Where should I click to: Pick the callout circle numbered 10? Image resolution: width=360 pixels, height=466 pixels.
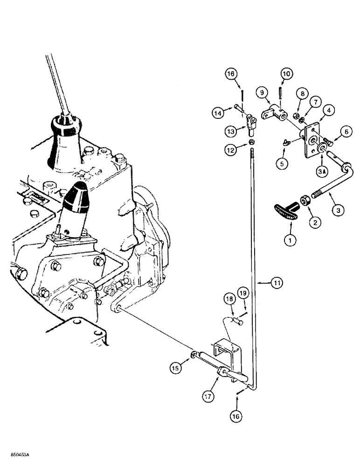286,74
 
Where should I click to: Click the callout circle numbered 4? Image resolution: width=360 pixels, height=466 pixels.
329,111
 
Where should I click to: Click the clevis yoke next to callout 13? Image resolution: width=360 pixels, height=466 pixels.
251,122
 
